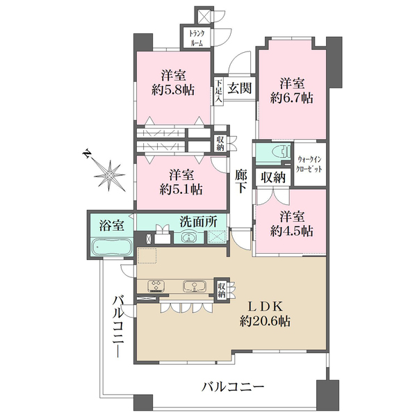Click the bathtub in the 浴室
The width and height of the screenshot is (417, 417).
pyautogui.click(x=111, y=247)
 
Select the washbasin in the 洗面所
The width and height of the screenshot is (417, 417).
pyautogui.click(x=188, y=238)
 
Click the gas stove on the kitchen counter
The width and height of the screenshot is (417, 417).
pyautogui.click(x=156, y=286)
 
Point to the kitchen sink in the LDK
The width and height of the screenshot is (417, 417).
pyautogui.click(x=195, y=286)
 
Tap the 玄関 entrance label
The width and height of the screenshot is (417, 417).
pyautogui.click(x=239, y=88)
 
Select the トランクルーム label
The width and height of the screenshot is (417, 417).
pyautogui.click(x=197, y=38)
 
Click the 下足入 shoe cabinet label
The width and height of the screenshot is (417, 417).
pyautogui.click(x=218, y=91)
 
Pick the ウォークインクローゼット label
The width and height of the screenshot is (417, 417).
pyautogui.click(x=310, y=164)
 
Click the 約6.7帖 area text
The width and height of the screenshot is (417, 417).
pyautogui.click(x=291, y=99)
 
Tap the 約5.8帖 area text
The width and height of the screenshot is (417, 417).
pyautogui.click(x=173, y=90)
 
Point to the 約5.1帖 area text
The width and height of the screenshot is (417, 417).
pyautogui.click(x=181, y=190)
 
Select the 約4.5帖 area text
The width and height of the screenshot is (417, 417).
pyautogui.click(x=291, y=231)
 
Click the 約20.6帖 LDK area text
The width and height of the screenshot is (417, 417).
pyautogui.click(x=265, y=321)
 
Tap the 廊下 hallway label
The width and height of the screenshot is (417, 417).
pyautogui.click(x=241, y=181)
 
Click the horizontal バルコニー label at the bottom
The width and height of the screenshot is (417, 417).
pyautogui.click(x=233, y=386)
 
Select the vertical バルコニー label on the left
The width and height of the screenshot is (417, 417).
pyautogui.click(x=119, y=327)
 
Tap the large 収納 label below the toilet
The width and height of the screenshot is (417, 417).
pyautogui.click(x=273, y=177)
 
